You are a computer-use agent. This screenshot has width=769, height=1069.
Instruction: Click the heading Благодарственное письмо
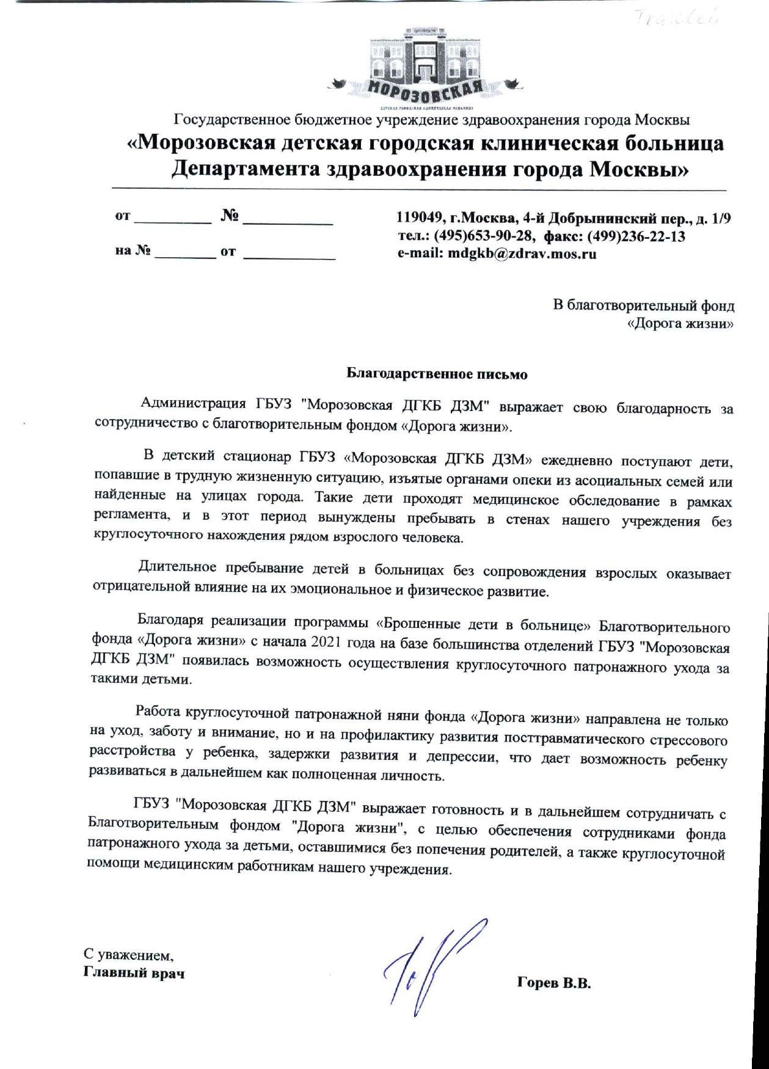(437, 374)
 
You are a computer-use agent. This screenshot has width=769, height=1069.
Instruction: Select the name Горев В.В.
(554, 983)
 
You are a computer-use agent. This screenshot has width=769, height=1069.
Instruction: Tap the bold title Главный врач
(134, 972)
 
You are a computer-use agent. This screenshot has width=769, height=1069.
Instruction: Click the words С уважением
(129, 954)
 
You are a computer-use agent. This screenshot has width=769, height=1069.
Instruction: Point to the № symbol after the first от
(230, 216)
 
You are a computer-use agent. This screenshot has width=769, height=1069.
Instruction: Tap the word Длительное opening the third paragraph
(177, 567)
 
